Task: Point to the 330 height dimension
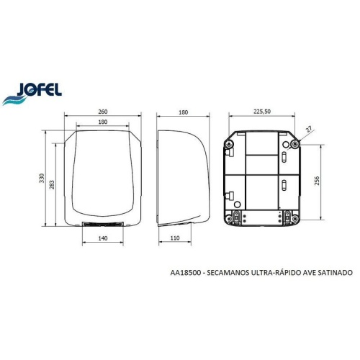pos(42,177)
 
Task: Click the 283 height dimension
pos(51,186)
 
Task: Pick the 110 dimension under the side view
pos(175,237)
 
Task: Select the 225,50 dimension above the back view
pos(263,112)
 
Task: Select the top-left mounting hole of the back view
pos(230,145)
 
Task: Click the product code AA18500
pos(185,274)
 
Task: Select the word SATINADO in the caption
pos(330,274)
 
